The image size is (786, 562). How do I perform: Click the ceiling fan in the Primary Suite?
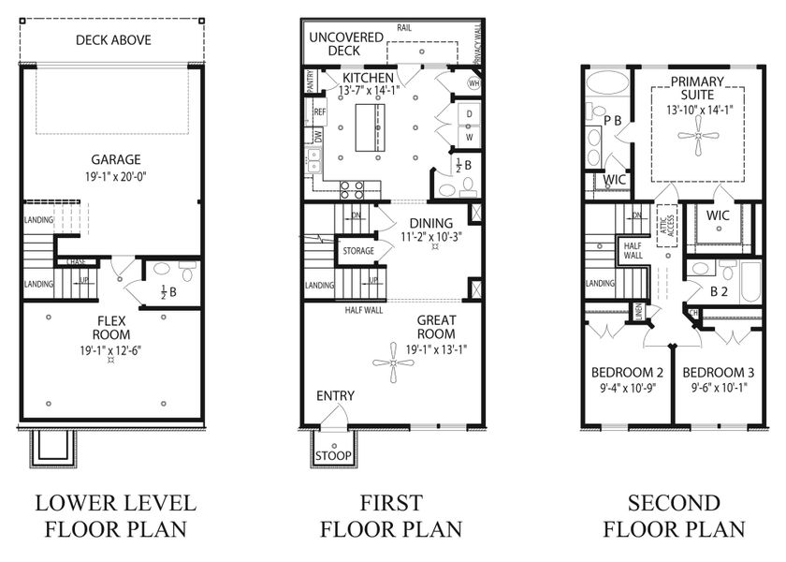tap(697, 136)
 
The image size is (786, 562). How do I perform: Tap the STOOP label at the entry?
tap(334, 456)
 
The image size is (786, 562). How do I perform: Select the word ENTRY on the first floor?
tap(334, 396)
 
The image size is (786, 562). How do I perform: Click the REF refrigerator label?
tap(319, 111)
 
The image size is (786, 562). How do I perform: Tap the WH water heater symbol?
tap(473, 83)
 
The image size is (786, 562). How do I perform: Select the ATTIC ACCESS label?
tap(667, 225)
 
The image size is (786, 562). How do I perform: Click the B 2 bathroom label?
tap(718, 291)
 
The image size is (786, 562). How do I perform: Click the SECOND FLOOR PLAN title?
tap(674, 515)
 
